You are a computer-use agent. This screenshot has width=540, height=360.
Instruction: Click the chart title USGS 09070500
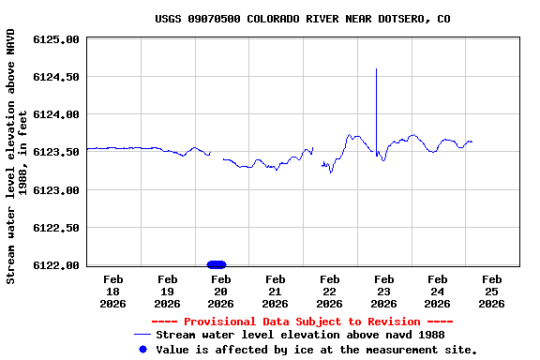coord(302,19)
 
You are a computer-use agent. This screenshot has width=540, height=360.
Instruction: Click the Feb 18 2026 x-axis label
coord(113,291)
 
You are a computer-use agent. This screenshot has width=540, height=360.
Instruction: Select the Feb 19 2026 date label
coord(168,291)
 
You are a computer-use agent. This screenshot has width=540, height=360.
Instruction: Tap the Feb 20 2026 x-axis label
coord(221,291)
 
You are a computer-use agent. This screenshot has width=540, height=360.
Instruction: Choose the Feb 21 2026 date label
coord(276,291)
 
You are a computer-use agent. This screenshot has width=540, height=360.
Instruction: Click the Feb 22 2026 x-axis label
coord(329,291)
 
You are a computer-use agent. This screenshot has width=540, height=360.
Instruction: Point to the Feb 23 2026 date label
coord(383,291)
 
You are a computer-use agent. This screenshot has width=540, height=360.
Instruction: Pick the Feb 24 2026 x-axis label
coord(437,291)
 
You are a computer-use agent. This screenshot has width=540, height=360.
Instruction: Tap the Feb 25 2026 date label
coord(491,291)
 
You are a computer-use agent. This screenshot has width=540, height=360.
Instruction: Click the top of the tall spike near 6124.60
coord(376,69)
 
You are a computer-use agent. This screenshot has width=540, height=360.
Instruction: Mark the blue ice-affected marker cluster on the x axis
coord(216,264)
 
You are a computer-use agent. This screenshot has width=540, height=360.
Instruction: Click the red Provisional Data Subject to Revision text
coord(302,322)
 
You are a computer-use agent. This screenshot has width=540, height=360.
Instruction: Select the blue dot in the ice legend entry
coord(142,349)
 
